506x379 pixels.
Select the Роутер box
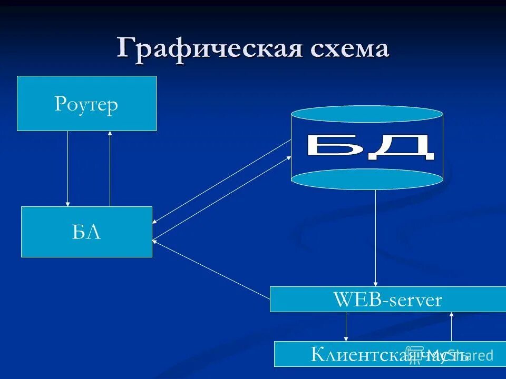pos(86,103)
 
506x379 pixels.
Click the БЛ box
pos(86,232)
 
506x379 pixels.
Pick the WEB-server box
pos(387,299)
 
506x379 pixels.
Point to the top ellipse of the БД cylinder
pos(367,114)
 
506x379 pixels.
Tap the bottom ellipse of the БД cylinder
pos(367,179)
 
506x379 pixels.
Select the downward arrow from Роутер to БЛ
pos(67,168)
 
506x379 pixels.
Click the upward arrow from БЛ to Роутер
pos(110,168)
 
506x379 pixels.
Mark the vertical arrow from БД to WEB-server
pos(376,237)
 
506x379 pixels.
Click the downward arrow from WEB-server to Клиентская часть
pos(346,326)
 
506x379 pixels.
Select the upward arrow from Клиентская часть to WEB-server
pos(452,326)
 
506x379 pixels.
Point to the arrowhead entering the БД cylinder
pos(288,157)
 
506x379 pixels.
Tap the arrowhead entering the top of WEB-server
pos(376,283)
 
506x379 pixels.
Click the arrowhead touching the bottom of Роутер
pos(110,134)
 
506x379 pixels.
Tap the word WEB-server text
pos(387,300)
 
